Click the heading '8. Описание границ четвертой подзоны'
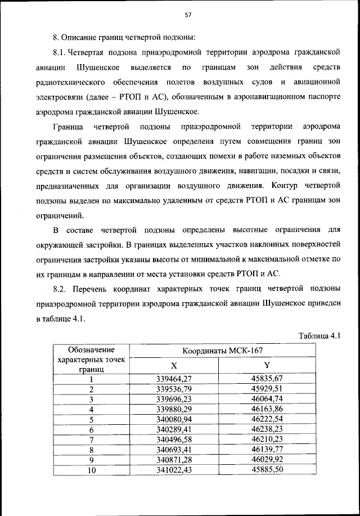[124, 38]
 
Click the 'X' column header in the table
[174, 366]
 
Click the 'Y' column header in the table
[267, 366]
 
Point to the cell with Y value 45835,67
[267, 379]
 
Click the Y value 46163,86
[267, 409]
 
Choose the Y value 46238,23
[267, 429]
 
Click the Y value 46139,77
[267, 450]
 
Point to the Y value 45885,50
[267, 470]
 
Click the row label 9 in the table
[91, 460]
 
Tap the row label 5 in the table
[91, 419]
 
